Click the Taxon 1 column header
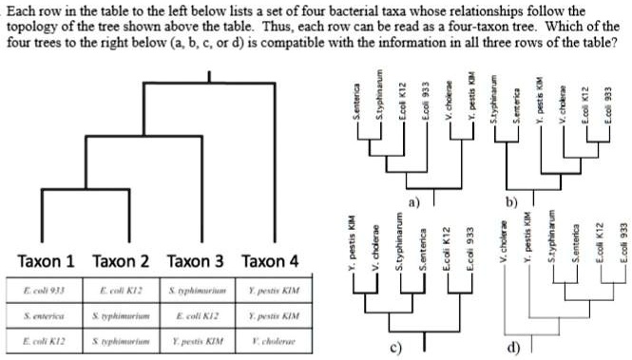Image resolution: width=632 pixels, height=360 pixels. pos(49,260)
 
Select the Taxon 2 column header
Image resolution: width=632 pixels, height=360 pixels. pos(123,260)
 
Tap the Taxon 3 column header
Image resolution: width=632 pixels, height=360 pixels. pos(197,260)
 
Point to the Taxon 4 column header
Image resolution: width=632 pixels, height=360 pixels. pos(270,260)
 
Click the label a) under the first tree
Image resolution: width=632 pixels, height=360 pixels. pos(412,202)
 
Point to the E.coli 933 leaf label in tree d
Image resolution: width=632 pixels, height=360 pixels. pos(623,245)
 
